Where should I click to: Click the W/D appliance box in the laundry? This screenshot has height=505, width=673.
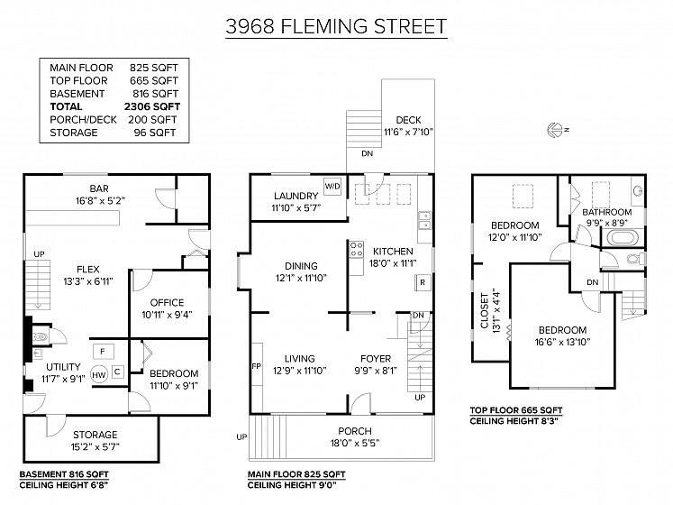pyautogui.click(x=332, y=187)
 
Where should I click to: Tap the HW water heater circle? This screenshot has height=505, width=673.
pyautogui.click(x=99, y=375)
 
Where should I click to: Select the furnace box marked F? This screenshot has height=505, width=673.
pyautogui.click(x=103, y=352)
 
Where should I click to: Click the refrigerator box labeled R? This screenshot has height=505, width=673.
pyautogui.click(x=423, y=282)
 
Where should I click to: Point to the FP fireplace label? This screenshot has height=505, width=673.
pyautogui.click(x=256, y=366)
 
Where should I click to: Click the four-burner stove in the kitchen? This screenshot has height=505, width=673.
pyautogui.click(x=356, y=249)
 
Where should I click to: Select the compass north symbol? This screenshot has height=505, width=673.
pyautogui.click(x=557, y=129)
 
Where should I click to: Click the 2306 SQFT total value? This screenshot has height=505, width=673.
pyautogui.click(x=152, y=106)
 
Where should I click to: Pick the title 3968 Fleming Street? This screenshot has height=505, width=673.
pyautogui.click(x=336, y=26)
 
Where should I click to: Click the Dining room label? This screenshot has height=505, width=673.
pyautogui.click(x=301, y=266)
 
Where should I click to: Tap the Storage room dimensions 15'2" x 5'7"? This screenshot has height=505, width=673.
pyautogui.click(x=95, y=447)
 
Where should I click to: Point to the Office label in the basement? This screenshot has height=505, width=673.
pyautogui.click(x=167, y=303)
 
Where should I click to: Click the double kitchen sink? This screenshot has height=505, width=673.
pyautogui.click(x=424, y=220)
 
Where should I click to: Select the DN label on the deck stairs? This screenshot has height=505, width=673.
pyautogui.click(x=367, y=153)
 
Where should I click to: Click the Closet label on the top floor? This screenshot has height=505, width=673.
pyautogui.click(x=485, y=311)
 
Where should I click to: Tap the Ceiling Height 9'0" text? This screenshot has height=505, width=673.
pyautogui.click(x=292, y=485)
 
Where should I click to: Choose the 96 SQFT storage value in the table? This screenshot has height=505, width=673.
pyautogui.click(x=155, y=133)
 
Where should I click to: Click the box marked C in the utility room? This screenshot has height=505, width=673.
pyautogui.click(x=118, y=372)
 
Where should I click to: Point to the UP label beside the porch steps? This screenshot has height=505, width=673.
pyautogui.click(x=241, y=437)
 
